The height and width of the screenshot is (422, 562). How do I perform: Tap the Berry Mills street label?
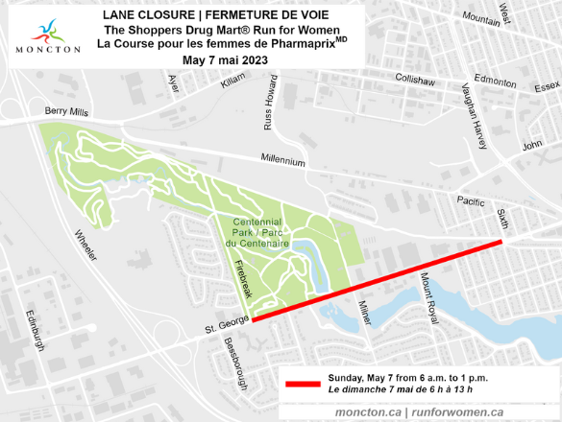pos(65,112)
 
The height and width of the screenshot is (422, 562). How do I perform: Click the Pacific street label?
pos(471,201)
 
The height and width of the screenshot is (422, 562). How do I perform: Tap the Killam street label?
pos(232,84)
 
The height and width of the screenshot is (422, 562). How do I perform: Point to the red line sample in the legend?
pos(302,384)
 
